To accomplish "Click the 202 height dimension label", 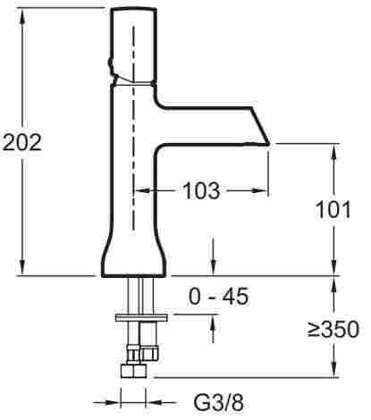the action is tap(22, 143).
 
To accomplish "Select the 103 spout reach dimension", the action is tap(202, 190).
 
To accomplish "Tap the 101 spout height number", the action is tap(333, 210).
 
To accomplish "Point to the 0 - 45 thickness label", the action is tap(218, 296).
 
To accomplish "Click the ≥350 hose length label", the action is tap(333, 329).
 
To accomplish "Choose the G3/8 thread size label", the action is tap(218, 403).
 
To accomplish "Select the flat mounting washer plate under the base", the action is tap(141, 318).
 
